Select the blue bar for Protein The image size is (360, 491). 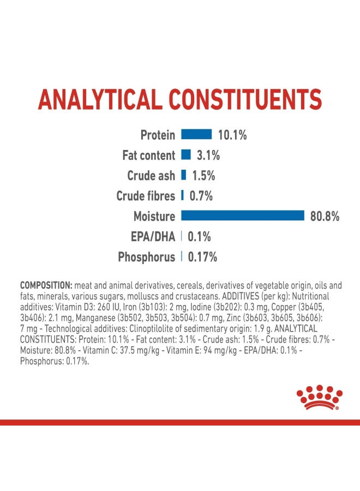tap(196, 134)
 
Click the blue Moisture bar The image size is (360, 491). tap(242, 216)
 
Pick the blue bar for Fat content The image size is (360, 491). tap(185, 155)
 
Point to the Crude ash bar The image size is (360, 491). tap(183, 175)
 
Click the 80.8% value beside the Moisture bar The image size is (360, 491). tap(325, 217)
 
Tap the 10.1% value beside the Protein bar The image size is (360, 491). tap(232, 135)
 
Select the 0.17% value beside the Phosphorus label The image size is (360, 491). tap(202, 257)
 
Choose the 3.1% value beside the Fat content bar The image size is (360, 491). tap(208, 155)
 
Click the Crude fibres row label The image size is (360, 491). tap(146, 196)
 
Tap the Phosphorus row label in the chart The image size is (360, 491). tap(147, 257)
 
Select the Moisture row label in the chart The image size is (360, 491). tap(154, 217)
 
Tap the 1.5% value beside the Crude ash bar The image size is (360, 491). tap(203, 176)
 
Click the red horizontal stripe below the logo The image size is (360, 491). tap(180, 422)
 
